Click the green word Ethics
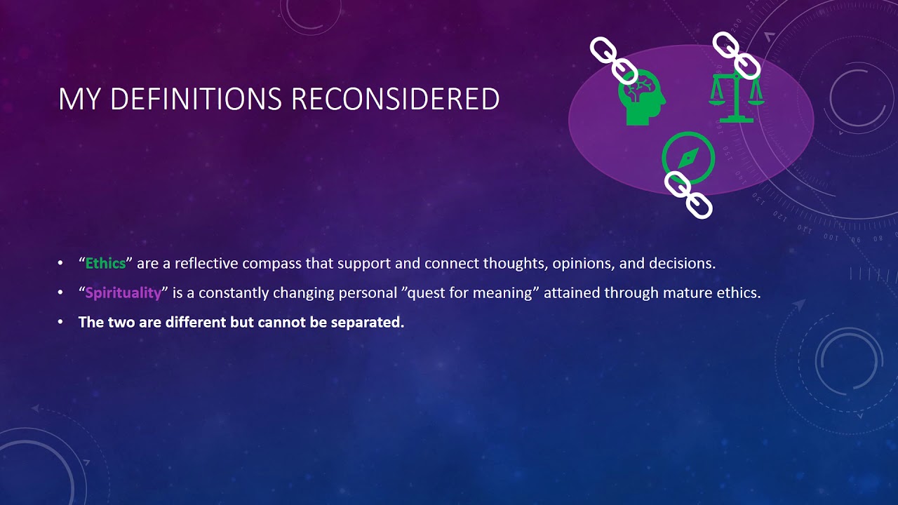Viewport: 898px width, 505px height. pos(105,264)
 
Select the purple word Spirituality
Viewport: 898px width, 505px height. pos(123,293)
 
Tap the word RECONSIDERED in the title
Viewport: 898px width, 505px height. pos(395,100)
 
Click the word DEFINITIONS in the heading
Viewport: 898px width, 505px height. pos(196,100)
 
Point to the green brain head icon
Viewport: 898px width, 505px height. pos(641,98)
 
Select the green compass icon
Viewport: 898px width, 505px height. pos(688,156)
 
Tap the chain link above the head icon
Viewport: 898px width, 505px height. pos(613,60)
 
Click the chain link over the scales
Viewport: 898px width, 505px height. pos(737,55)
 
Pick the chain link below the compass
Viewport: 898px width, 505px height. pos(688,194)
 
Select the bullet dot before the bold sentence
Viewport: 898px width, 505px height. pos(61,323)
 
